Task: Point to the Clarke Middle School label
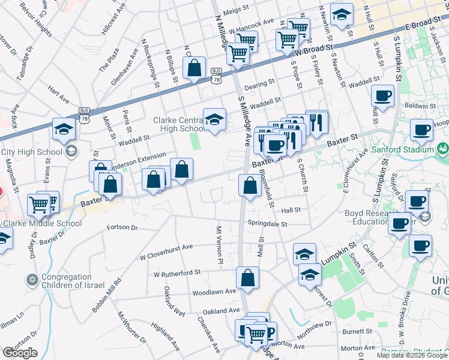41,224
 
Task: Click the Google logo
20,353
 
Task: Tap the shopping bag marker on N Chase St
194,69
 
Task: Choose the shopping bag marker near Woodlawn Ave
247,278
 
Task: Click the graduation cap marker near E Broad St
342,16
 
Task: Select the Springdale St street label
268,223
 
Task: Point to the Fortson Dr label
122,228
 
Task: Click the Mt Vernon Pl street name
219,245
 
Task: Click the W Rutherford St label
176,273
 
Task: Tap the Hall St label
291,210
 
